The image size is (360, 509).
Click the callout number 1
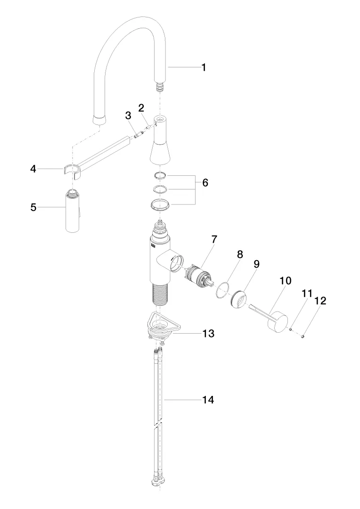click(204, 67)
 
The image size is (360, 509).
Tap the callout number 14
click(208, 400)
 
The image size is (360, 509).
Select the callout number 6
click(205, 182)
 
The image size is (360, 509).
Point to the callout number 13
click(208, 334)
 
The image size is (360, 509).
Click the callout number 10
click(285, 281)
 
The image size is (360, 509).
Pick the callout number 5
click(33, 207)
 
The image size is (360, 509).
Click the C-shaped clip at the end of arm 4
click(70, 169)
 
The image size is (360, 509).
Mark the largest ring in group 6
click(160, 205)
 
